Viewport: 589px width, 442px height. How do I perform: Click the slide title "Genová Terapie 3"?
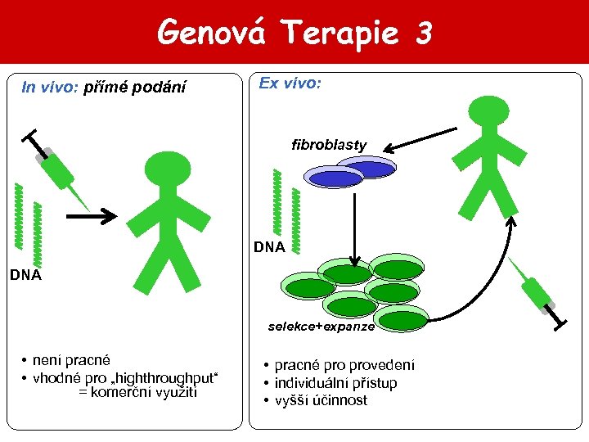point(294,33)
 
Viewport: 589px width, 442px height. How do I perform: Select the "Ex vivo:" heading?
point(290,83)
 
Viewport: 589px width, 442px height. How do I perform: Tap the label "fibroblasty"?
point(329,145)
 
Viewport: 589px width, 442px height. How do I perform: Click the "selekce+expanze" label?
point(321,326)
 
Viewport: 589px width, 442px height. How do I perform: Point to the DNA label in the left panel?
point(25,275)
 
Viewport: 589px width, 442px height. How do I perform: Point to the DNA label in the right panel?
point(269,246)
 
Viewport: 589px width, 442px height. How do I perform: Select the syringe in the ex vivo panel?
point(536,291)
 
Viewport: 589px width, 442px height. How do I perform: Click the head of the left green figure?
point(167,169)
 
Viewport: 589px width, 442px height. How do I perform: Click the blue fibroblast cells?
point(350,174)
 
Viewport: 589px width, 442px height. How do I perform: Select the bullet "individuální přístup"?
point(335,383)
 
